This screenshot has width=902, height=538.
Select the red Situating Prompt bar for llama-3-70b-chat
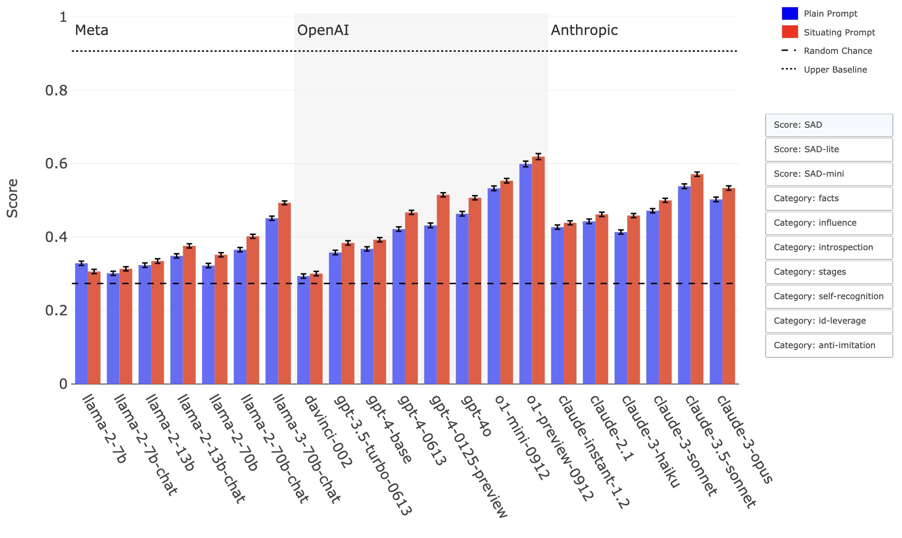[x=284, y=293]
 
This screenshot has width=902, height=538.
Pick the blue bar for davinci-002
[x=303, y=330]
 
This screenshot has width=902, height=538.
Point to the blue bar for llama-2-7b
[x=81, y=324]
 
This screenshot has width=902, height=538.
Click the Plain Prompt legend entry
[x=830, y=14]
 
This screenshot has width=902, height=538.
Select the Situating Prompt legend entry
[x=839, y=32]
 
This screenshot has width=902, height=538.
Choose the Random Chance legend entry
[x=838, y=51]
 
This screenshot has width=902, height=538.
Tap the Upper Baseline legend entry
[x=835, y=70]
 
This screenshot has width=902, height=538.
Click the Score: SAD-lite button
[x=829, y=150]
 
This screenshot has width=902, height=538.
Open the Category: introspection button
[x=829, y=248]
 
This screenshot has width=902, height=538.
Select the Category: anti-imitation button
[x=829, y=346]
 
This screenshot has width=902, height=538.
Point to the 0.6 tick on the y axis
[x=56, y=164]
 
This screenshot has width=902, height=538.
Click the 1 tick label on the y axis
[x=63, y=17]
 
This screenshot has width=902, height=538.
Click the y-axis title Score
[x=13, y=198]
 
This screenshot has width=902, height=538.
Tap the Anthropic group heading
[x=584, y=30]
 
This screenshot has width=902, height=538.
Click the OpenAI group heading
[x=323, y=30]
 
